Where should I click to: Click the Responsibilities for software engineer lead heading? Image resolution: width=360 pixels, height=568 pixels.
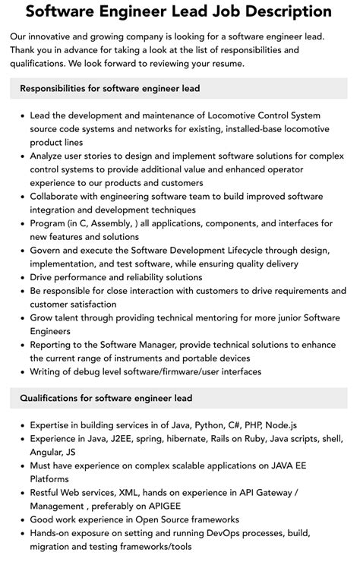tap(110, 89)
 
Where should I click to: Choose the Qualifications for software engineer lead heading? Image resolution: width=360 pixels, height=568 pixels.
tap(106, 398)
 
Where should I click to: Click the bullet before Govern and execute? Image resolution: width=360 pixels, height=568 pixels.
tap(21, 251)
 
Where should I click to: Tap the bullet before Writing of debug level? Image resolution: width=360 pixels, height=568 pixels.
tap(21, 372)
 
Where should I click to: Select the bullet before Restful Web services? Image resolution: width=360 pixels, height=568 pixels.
tap(21, 493)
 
